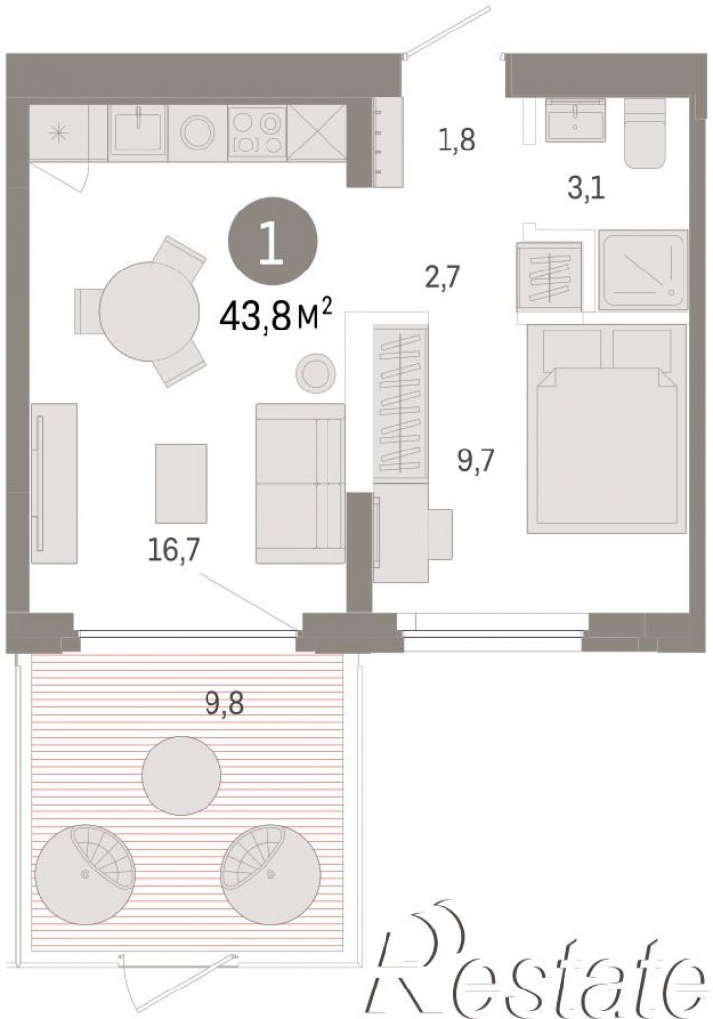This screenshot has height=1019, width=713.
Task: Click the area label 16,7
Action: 173,550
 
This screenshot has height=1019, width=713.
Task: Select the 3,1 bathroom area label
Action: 585,189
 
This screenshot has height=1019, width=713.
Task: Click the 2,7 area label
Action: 442,276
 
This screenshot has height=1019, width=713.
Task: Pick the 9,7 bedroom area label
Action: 476,460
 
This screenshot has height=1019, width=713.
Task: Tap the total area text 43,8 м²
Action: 277,318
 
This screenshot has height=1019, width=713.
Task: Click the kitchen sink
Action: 138,130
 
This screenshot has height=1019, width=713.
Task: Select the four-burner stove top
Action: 258,132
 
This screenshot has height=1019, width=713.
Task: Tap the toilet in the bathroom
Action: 645,133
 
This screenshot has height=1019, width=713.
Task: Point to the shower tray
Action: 643,270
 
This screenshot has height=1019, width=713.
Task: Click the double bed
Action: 607,428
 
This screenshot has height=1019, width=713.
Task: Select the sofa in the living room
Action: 300,483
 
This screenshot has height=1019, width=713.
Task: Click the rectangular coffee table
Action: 181,483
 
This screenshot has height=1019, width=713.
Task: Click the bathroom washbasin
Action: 575,120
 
